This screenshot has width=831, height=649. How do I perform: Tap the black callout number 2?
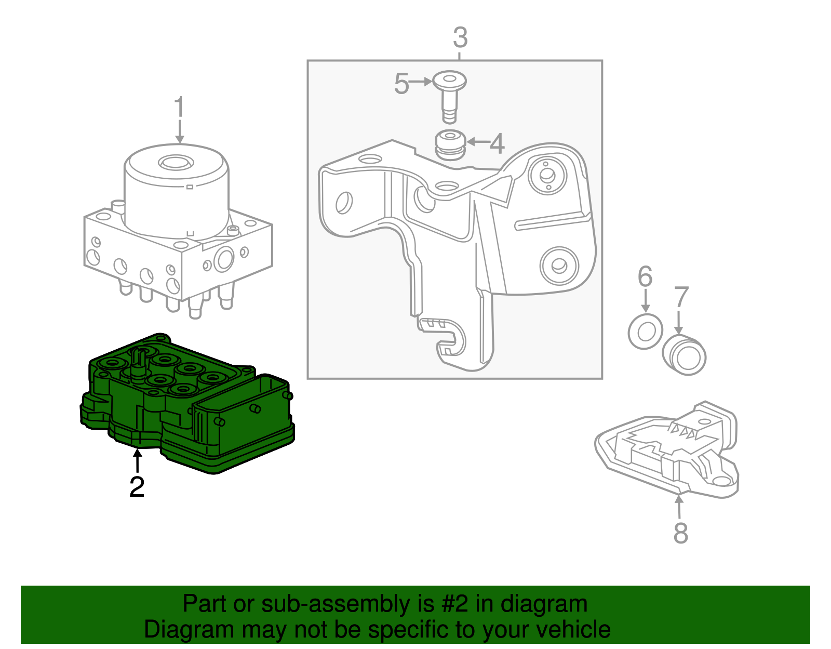click(x=137, y=487)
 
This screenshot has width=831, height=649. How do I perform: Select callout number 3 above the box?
click(x=460, y=38)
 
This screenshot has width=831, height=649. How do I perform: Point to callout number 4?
click(x=497, y=143)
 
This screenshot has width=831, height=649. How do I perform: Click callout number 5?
click(x=401, y=84)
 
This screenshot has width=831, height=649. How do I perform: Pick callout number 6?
click(x=645, y=277)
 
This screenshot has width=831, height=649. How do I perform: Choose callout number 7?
click(x=680, y=298)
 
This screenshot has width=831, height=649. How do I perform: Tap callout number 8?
click(x=680, y=533)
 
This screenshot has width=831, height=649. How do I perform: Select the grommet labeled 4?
click(x=449, y=145)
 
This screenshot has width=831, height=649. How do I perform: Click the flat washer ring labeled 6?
click(x=645, y=331)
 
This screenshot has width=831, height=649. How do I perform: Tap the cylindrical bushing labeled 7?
click(x=685, y=355)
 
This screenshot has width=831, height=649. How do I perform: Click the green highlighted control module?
click(x=187, y=405)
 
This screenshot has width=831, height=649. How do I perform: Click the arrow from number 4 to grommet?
click(x=478, y=141)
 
